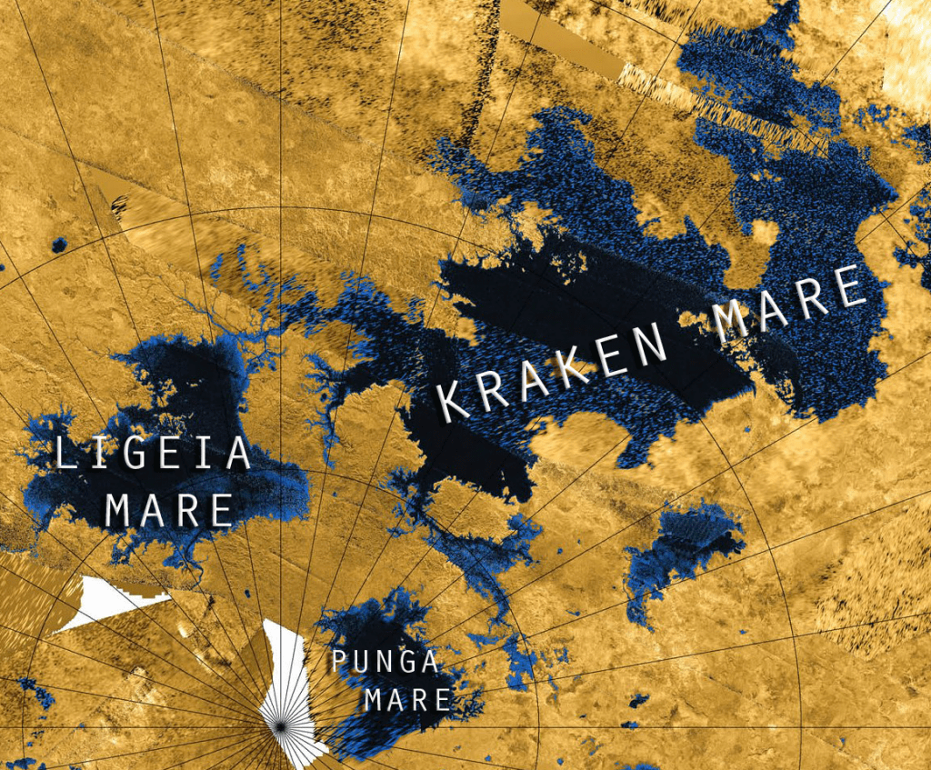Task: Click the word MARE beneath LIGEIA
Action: (168, 510)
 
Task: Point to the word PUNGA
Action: (385, 662)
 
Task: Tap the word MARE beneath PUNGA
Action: (407, 700)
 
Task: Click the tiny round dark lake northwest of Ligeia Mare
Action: (59, 245)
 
